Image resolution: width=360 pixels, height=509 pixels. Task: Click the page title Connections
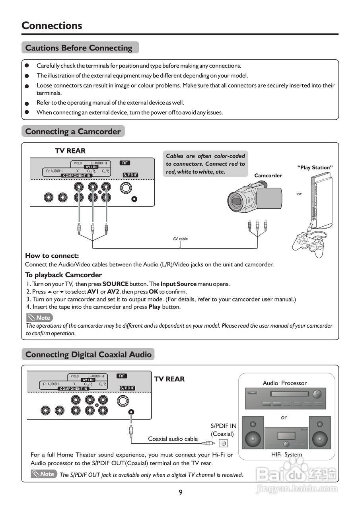pyautogui.click(x=52, y=25)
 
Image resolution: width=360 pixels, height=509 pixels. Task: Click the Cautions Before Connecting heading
pyautogui.click(x=79, y=48)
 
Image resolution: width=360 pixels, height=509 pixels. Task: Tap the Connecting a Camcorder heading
pyautogui.click(x=73, y=132)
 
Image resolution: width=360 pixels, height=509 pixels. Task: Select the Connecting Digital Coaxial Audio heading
pyautogui.click(x=88, y=354)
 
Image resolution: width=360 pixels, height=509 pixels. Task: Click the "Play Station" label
pyautogui.click(x=315, y=167)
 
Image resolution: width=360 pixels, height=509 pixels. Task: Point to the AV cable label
pyautogui.click(x=180, y=239)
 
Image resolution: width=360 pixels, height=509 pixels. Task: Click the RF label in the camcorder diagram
pyautogui.click(x=125, y=163)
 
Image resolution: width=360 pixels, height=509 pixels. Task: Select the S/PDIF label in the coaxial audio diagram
pyautogui.click(x=127, y=388)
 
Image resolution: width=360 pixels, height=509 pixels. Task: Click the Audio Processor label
pyautogui.click(x=285, y=383)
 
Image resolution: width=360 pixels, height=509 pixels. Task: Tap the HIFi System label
pyautogui.click(x=286, y=455)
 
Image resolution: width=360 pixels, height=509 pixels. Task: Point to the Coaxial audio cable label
pyautogui.click(x=173, y=439)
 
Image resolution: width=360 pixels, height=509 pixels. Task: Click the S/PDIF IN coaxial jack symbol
pyautogui.click(x=224, y=443)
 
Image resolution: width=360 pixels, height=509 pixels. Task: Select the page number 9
pyautogui.click(x=181, y=492)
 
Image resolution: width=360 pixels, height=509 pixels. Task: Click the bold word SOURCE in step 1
pyautogui.click(x=115, y=284)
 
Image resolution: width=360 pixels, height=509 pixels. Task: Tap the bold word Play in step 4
pyautogui.click(x=154, y=307)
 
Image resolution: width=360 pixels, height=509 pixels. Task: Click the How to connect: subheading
pyautogui.click(x=52, y=256)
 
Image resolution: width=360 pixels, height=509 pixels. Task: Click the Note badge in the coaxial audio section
pyautogui.click(x=44, y=474)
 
